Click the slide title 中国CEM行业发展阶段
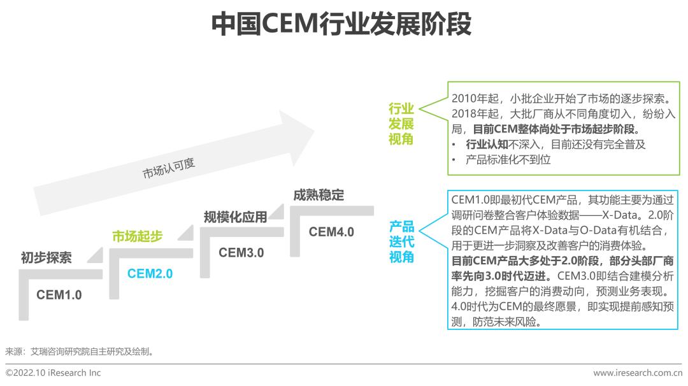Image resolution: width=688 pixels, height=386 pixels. pyautogui.click(x=341, y=24)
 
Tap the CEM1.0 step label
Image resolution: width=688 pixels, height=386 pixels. pyautogui.click(x=59, y=295)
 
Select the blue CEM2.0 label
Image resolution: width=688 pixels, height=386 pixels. pyautogui.click(x=150, y=274)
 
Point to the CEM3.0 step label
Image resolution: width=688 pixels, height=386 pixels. pyautogui.click(x=241, y=252)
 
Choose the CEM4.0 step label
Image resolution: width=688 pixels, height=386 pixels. pyautogui.click(x=331, y=231)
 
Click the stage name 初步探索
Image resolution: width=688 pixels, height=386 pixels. pyautogui.click(x=46, y=258)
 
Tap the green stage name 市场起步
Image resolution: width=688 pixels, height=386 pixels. pyautogui.click(x=137, y=236)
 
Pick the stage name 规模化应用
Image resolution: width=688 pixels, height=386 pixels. pyautogui.click(x=235, y=217)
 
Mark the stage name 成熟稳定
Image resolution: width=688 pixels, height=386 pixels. pyautogui.click(x=319, y=195)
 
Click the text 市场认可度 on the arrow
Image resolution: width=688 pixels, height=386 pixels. pyautogui.click(x=168, y=168)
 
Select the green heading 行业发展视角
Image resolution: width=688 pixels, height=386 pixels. pyautogui.click(x=401, y=124)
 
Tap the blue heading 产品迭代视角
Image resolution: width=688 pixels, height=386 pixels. pyautogui.click(x=401, y=242)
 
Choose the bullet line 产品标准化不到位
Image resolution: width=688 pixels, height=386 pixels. pyautogui.click(x=508, y=160)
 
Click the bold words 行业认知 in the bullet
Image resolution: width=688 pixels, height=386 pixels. pyautogui.click(x=487, y=145)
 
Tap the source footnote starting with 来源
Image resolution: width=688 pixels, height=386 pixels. pyautogui.click(x=79, y=351)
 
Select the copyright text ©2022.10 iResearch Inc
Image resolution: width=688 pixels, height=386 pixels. pyautogui.click(x=53, y=373)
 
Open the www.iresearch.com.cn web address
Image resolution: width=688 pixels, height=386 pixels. pyautogui.click(x=637, y=373)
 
